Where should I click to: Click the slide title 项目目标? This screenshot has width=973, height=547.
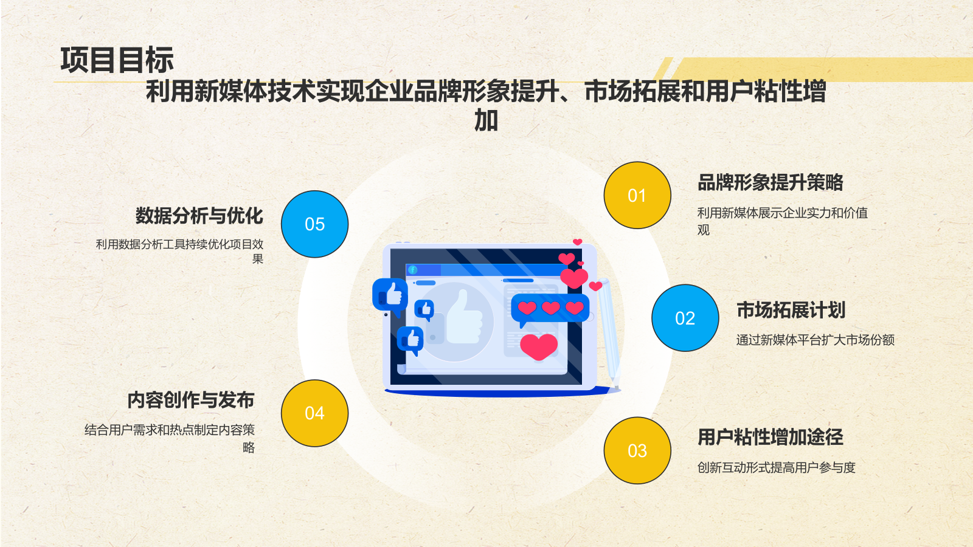(x=117, y=60)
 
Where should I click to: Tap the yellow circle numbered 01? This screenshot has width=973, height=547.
(x=637, y=195)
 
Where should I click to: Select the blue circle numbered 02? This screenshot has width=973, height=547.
(x=685, y=318)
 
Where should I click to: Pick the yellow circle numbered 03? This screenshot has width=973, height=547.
(x=637, y=450)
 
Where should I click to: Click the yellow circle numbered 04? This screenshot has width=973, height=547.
(x=314, y=413)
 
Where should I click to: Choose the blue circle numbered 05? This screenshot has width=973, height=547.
(x=314, y=224)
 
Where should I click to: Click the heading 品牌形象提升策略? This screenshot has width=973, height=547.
(x=770, y=182)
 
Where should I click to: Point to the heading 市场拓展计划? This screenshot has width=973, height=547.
(x=791, y=311)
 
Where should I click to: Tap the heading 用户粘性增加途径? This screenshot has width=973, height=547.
(x=770, y=437)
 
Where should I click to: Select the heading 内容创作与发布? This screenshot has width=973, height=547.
(x=191, y=400)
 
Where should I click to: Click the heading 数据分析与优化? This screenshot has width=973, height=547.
(x=199, y=216)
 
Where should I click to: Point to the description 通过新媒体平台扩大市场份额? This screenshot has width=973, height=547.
(x=815, y=340)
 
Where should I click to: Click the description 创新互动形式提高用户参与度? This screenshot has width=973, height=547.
(x=776, y=467)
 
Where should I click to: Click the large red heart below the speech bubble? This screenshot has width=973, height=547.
(x=539, y=346)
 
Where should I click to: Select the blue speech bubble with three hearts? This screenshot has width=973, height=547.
(x=550, y=309)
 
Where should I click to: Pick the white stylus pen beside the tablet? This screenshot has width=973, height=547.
(x=608, y=331)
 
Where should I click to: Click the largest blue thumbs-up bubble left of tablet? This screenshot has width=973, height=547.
(x=390, y=295)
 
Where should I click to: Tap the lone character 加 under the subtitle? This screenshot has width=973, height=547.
(x=486, y=120)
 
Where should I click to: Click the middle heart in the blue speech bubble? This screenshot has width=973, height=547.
(x=550, y=308)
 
